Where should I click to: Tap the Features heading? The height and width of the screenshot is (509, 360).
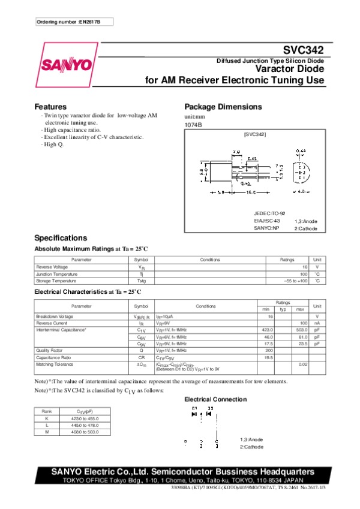[x=50, y=107]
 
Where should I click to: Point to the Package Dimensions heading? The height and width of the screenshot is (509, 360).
[x=223, y=107]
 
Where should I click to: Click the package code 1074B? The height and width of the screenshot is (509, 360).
[x=193, y=125]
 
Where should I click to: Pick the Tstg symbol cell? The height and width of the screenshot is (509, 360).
[x=141, y=281]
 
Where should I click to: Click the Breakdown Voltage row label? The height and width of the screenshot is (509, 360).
[x=55, y=316]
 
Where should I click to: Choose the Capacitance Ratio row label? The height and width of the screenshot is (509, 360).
[x=55, y=357]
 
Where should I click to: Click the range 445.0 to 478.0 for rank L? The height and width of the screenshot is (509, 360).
[x=85, y=424]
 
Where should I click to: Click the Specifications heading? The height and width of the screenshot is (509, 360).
[x=61, y=238]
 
